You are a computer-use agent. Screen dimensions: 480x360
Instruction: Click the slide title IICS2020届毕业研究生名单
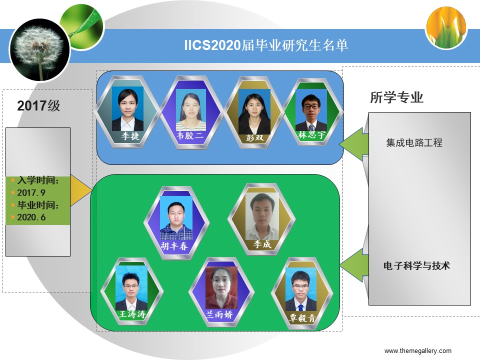click(x=266, y=45)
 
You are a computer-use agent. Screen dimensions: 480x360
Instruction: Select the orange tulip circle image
click(x=446, y=27)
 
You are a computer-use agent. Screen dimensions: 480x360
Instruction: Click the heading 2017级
click(x=38, y=105)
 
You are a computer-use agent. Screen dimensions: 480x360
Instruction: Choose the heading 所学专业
click(x=396, y=97)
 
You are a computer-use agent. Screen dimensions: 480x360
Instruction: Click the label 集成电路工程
click(x=414, y=142)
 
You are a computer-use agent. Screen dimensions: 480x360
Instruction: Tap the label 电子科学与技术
click(x=416, y=265)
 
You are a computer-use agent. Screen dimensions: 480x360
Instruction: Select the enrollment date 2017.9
click(x=31, y=192)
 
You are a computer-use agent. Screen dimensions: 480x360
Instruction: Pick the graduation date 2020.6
click(x=31, y=217)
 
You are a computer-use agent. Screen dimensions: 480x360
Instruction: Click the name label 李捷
click(x=130, y=135)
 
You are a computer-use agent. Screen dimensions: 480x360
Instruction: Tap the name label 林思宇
click(x=311, y=134)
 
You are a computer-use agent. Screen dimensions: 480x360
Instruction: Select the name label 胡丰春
click(x=174, y=246)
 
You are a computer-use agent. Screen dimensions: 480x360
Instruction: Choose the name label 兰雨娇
click(x=219, y=314)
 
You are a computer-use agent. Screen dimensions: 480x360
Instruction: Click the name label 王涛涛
click(x=132, y=314)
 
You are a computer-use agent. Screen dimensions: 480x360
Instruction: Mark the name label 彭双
click(x=254, y=138)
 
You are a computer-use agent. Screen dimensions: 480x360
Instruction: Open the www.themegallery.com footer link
click(x=418, y=351)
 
